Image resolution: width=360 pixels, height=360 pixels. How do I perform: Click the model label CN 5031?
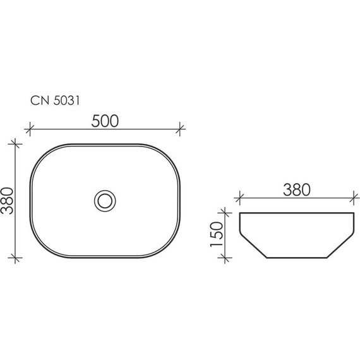pyautogui.click(x=55, y=100)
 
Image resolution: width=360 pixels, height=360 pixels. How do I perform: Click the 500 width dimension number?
pyautogui.click(x=105, y=121)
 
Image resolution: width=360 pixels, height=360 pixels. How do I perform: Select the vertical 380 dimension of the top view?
pyautogui.click(x=8, y=201)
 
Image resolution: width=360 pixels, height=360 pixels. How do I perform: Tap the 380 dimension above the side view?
pyautogui.click(x=297, y=190)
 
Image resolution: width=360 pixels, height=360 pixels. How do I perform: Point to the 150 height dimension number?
pyautogui.click(x=217, y=234)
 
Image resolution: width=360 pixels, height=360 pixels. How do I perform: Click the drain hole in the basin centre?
pyautogui.click(x=105, y=201)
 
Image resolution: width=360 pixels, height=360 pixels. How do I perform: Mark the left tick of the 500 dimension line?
pyautogui.click(x=30, y=129)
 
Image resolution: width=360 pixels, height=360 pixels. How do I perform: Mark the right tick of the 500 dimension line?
pyautogui.click(x=180, y=129)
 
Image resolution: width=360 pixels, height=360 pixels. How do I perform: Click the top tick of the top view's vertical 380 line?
pyautogui.click(x=15, y=144)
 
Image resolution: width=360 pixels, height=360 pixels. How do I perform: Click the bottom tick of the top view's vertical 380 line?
pyautogui.click(x=15, y=258)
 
